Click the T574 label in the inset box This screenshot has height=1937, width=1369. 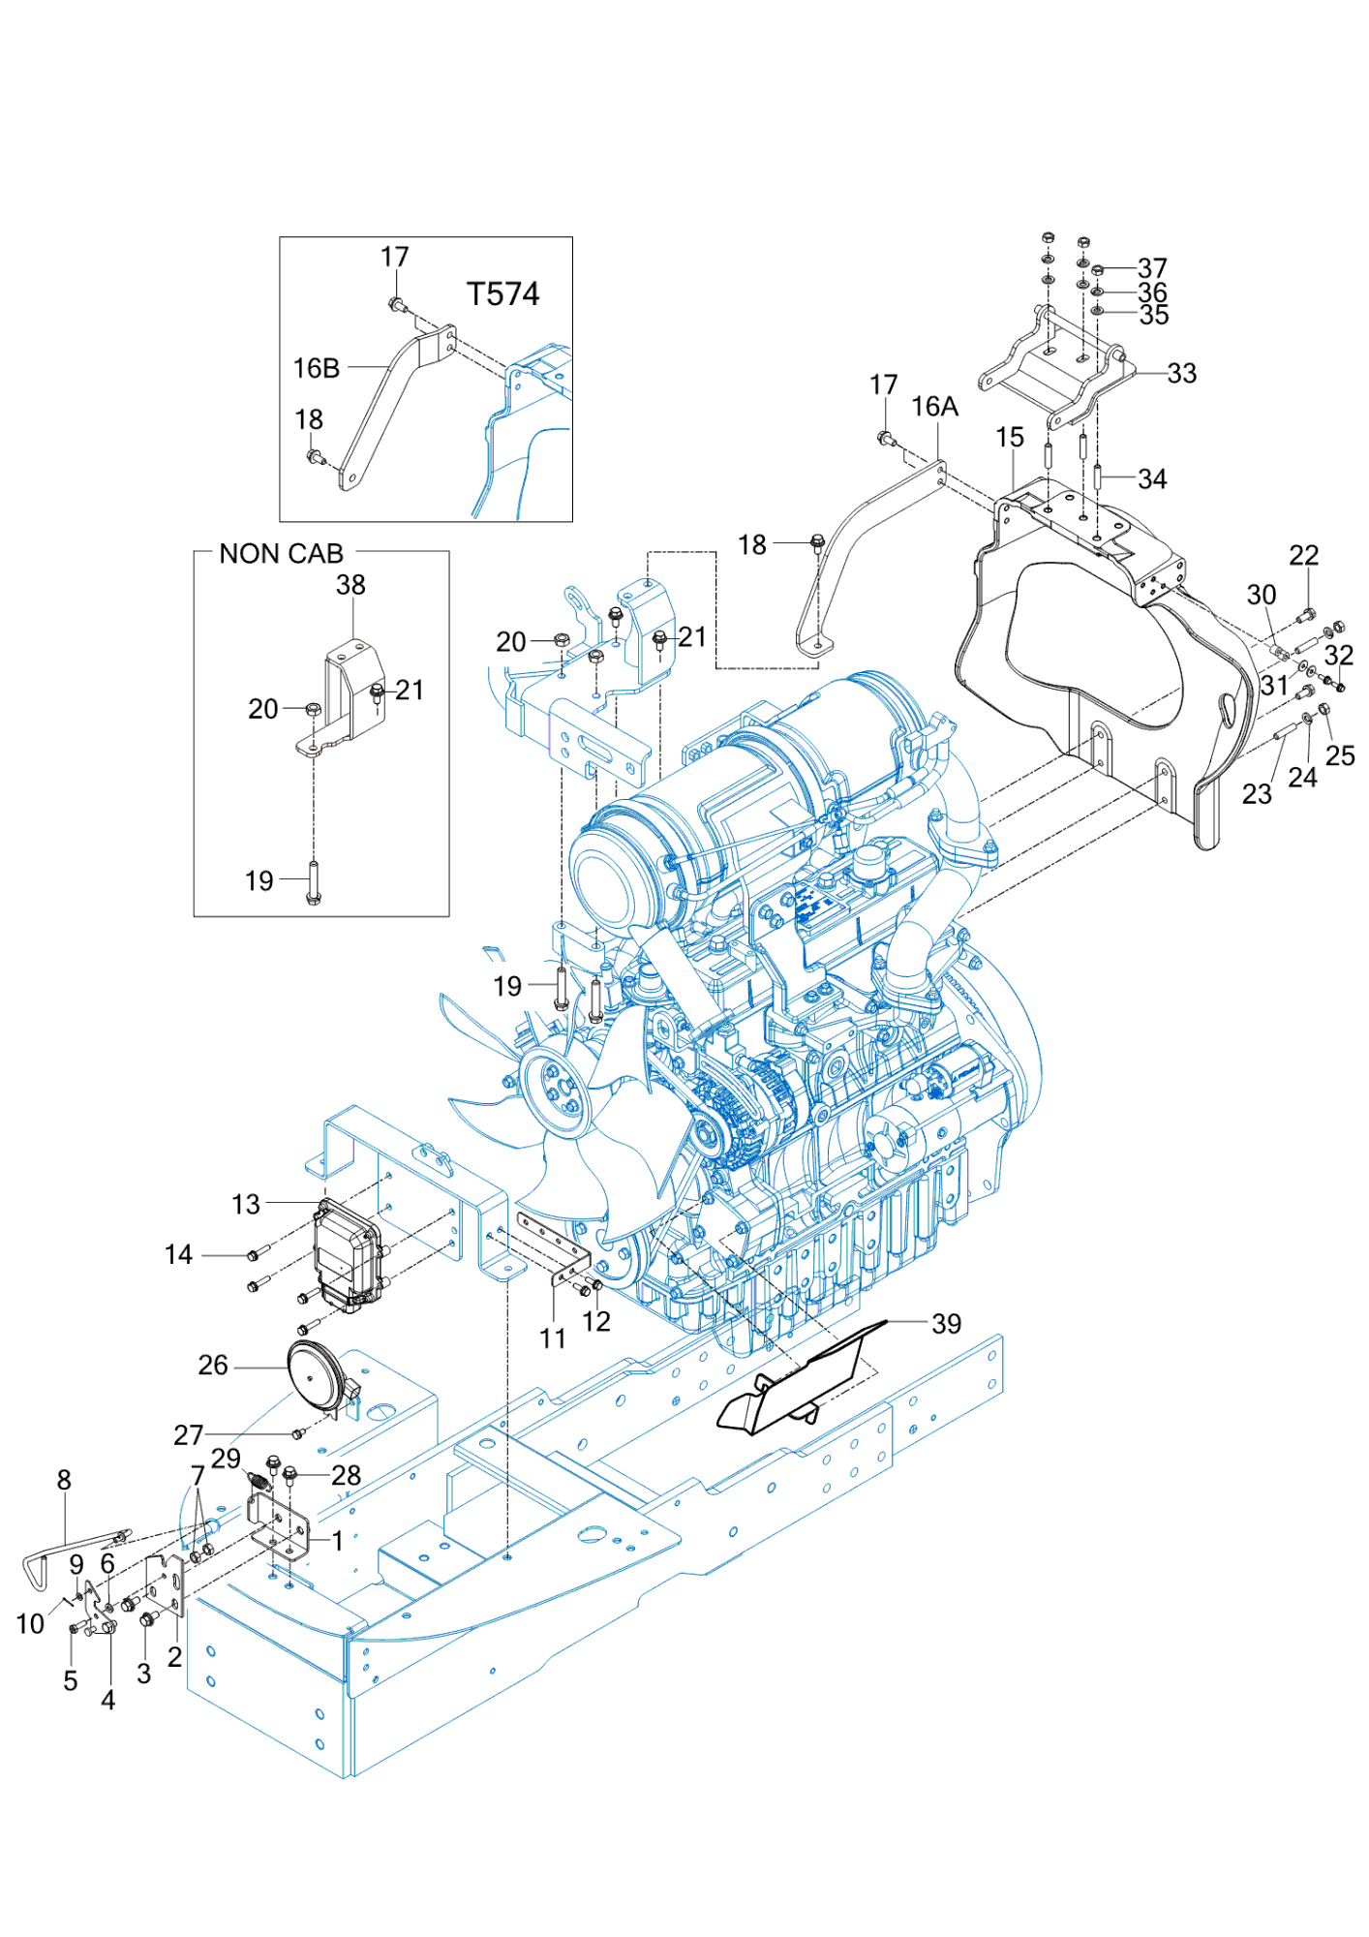tap(502, 293)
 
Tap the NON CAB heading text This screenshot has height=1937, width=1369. tap(281, 554)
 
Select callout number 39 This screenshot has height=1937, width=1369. tap(946, 1324)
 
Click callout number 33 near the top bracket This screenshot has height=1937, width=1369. tap(1181, 373)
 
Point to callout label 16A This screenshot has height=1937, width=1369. tap(934, 407)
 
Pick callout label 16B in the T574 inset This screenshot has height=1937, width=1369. tap(317, 368)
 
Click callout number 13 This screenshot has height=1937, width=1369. tap(246, 1204)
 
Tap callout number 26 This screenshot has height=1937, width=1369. tap(213, 1365)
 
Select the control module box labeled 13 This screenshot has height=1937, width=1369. tap(346, 1254)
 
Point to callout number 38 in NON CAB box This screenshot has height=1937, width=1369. tap(350, 585)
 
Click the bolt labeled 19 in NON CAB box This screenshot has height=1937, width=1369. tap(313, 880)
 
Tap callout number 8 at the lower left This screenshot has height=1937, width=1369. tap(64, 1480)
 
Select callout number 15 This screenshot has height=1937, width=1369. tap(1010, 438)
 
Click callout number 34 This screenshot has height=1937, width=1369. tap(1152, 478)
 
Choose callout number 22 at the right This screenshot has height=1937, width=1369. tap(1303, 555)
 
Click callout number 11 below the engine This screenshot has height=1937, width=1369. tap(553, 1338)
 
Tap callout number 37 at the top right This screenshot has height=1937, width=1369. tap(1152, 267)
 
